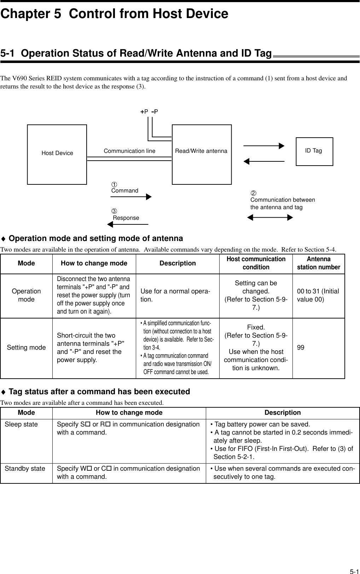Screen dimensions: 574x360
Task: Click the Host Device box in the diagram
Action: [x=57, y=154]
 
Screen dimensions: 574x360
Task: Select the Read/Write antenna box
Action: [x=202, y=154]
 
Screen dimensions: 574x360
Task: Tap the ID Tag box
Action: [x=314, y=151]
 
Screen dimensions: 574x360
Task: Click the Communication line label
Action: [x=129, y=151]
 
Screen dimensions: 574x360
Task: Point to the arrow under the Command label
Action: [x=131, y=197]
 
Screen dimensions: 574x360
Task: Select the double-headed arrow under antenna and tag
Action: [x=270, y=217]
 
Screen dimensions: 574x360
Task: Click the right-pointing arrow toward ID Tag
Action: [x=264, y=146]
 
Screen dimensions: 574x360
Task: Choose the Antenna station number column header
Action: [x=318, y=263]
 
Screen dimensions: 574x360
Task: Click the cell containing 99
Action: [x=301, y=348]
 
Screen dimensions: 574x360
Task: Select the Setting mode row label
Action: [x=27, y=348]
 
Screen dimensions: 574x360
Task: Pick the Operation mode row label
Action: [x=27, y=295]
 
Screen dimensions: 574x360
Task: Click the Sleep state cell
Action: [x=21, y=424]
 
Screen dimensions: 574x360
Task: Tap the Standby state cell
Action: [x=25, y=469]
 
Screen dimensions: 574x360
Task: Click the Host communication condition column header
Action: [x=256, y=263]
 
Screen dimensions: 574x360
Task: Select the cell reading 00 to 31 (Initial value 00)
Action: [x=318, y=295]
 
